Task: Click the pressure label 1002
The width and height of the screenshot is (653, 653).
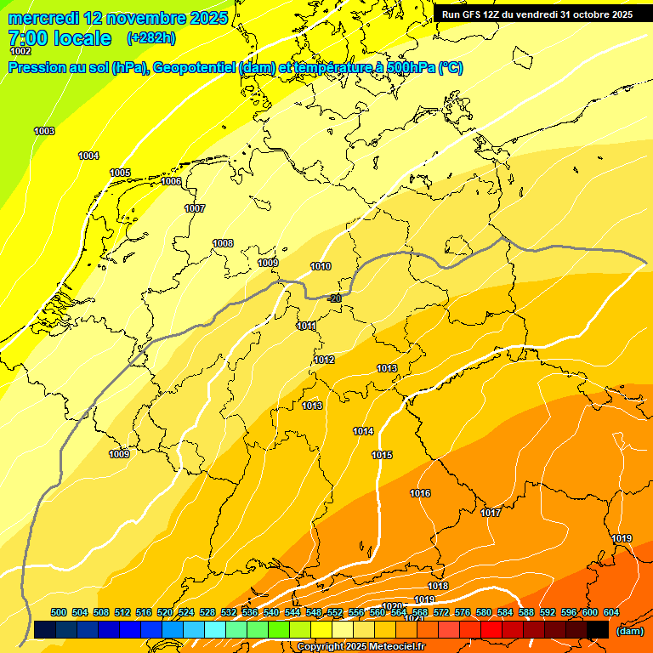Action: [x=20, y=52]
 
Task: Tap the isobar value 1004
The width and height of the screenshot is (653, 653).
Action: [x=88, y=156]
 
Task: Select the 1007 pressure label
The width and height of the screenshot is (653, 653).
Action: [x=195, y=208]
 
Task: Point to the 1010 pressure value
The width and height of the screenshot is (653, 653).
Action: [x=321, y=267]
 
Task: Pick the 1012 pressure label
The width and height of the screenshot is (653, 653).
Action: [x=324, y=361]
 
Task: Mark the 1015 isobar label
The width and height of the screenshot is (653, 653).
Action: [x=382, y=456]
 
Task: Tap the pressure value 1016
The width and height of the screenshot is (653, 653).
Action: [x=420, y=494]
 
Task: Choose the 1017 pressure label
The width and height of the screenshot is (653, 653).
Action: [x=491, y=514]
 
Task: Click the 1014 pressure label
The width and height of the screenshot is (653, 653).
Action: [x=363, y=432]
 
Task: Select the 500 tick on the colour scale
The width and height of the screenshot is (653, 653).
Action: [x=59, y=613]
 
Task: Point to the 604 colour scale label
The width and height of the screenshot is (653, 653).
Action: [x=610, y=613]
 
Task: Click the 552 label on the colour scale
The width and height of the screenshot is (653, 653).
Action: [x=335, y=613]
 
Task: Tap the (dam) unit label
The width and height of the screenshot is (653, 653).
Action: [x=629, y=631]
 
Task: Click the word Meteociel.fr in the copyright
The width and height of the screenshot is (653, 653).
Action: [x=395, y=647]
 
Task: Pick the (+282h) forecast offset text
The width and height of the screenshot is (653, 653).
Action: [x=150, y=38]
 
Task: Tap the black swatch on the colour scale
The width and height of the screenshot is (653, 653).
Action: [x=598, y=629]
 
